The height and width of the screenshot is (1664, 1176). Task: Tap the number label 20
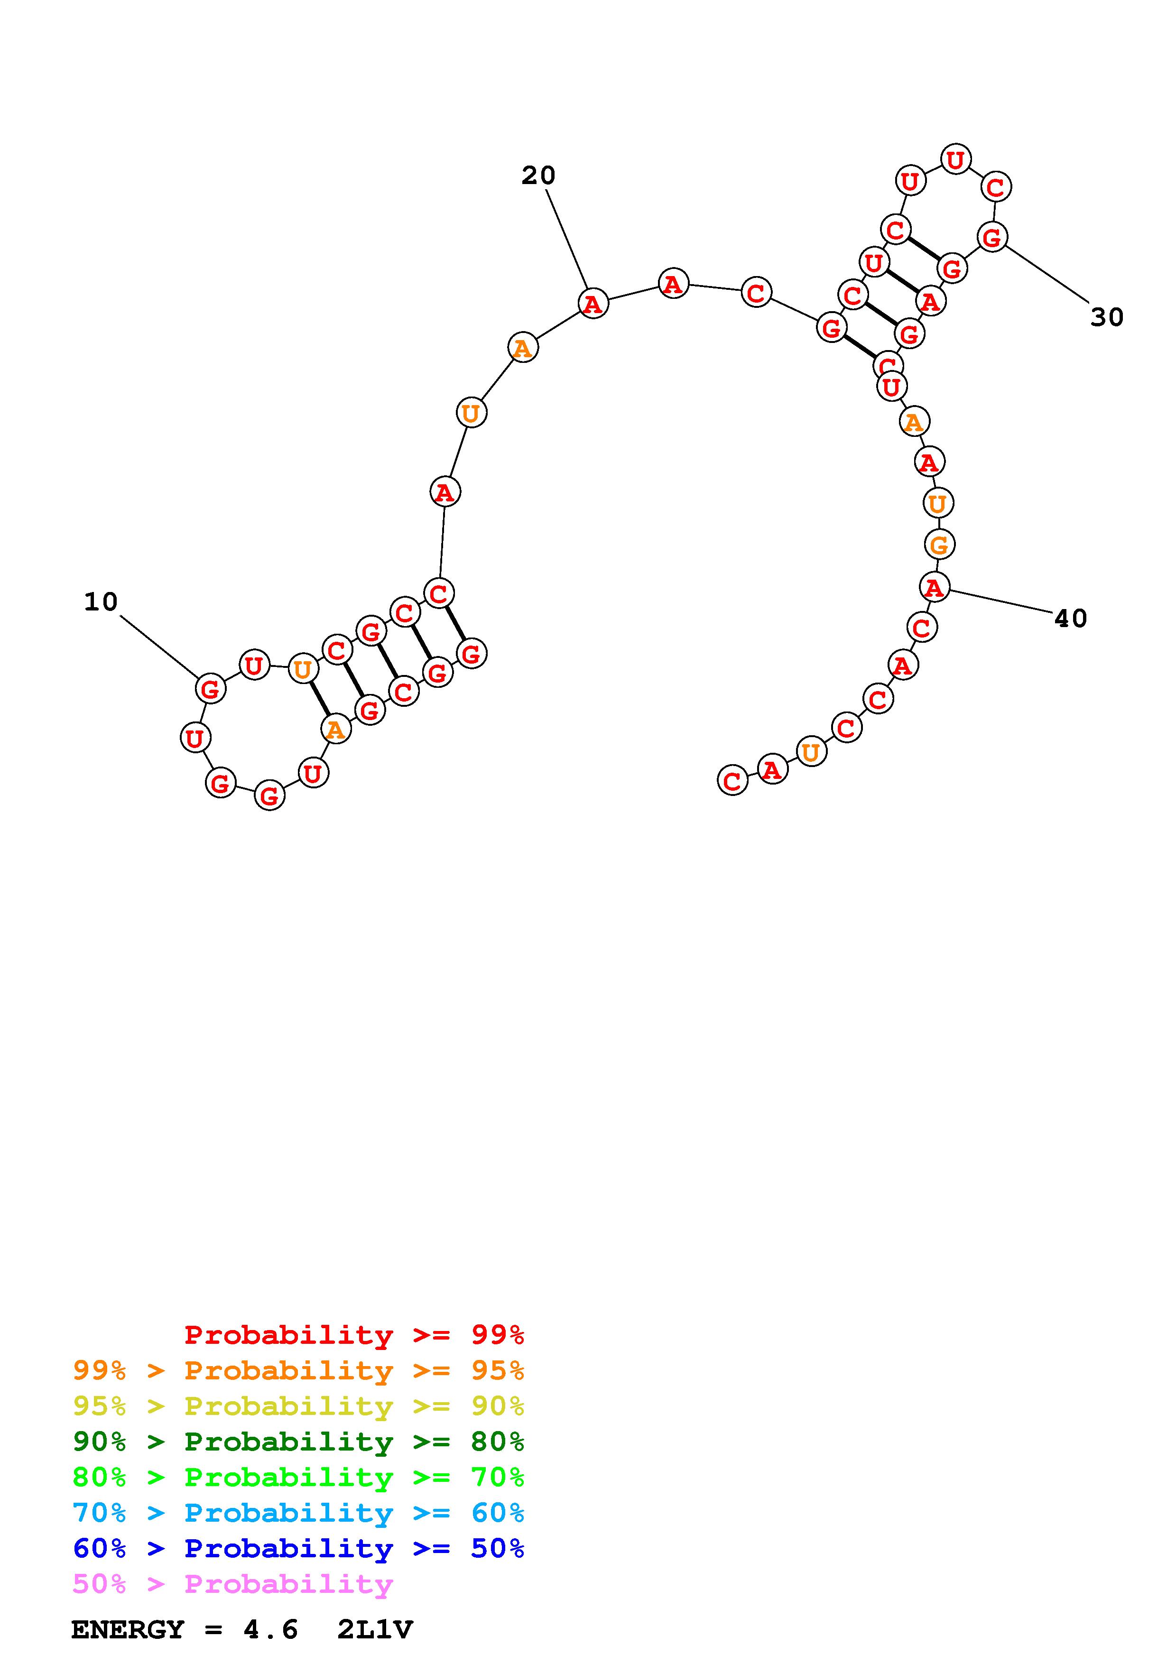pyautogui.click(x=538, y=176)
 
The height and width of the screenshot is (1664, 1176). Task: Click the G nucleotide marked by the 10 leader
pyautogui.click(x=210, y=688)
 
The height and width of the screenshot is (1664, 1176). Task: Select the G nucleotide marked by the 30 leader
pyautogui.click(x=992, y=237)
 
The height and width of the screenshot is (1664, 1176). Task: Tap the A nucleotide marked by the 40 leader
pyautogui.click(x=935, y=587)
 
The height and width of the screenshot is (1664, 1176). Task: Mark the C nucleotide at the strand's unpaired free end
pyautogui.click(x=732, y=781)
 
